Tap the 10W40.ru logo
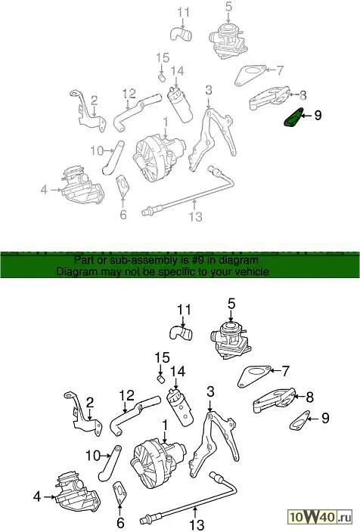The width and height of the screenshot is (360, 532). point(320,518)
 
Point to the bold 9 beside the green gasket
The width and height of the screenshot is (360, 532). point(318,116)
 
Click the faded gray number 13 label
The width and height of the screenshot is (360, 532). point(196,216)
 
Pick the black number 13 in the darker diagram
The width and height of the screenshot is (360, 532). point(197,524)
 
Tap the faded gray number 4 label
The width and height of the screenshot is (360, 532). point(44,190)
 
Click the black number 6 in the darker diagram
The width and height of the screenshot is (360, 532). point(120,523)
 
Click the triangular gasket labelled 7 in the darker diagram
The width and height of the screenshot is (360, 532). point(253,376)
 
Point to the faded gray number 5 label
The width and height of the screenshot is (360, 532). point(228,6)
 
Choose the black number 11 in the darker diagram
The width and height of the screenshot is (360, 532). point(184,310)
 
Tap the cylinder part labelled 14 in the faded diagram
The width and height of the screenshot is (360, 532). point(180,104)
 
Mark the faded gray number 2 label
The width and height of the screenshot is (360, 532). point(94,101)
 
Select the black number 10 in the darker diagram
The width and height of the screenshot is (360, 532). point(93,456)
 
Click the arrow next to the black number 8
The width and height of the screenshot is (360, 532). point(299,396)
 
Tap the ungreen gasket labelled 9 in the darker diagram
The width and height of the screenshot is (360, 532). point(299,420)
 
